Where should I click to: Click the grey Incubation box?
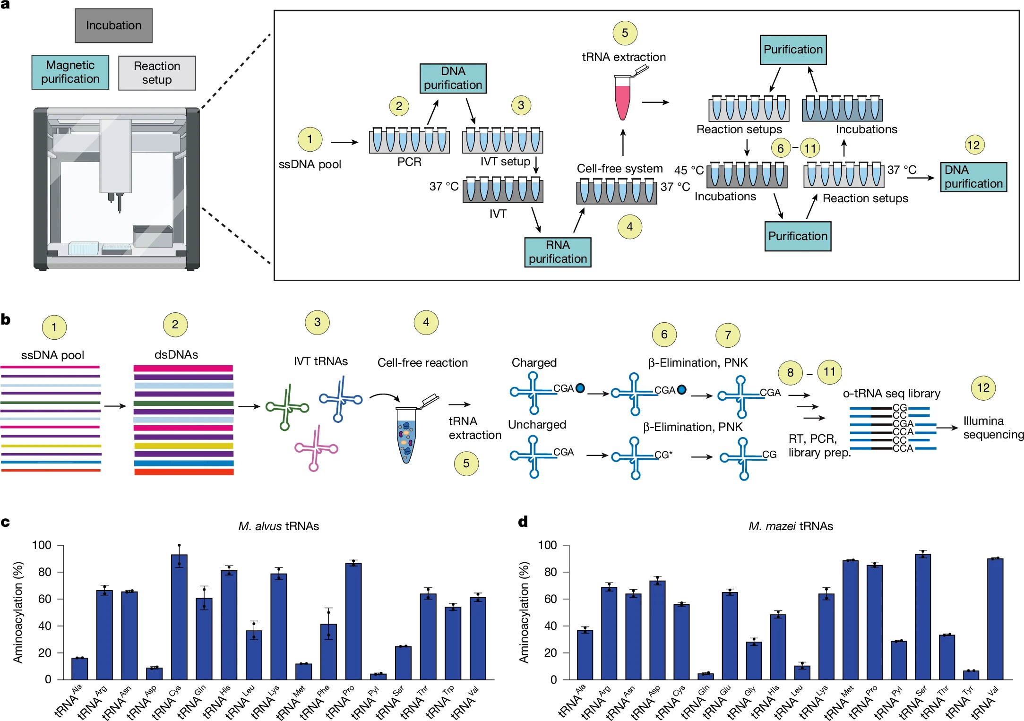click(113, 26)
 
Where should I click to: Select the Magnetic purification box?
click(70, 72)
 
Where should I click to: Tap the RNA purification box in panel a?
click(558, 252)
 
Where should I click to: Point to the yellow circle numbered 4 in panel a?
click(630, 227)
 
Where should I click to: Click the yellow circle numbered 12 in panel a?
click(974, 145)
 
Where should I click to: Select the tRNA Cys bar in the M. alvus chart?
click(179, 617)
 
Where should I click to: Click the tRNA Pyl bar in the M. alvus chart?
click(378, 677)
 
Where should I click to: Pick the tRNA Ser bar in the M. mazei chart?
click(923, 617)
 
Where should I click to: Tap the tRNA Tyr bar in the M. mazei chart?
click(971, 675)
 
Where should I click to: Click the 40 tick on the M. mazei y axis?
click(565, 626)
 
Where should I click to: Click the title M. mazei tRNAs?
click(791, 526)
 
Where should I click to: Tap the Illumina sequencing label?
click(993, 428)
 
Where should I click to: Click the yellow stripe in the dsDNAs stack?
click(184, 446)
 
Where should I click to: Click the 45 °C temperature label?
click(689, 170)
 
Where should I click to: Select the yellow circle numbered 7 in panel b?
click(728, 335)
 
